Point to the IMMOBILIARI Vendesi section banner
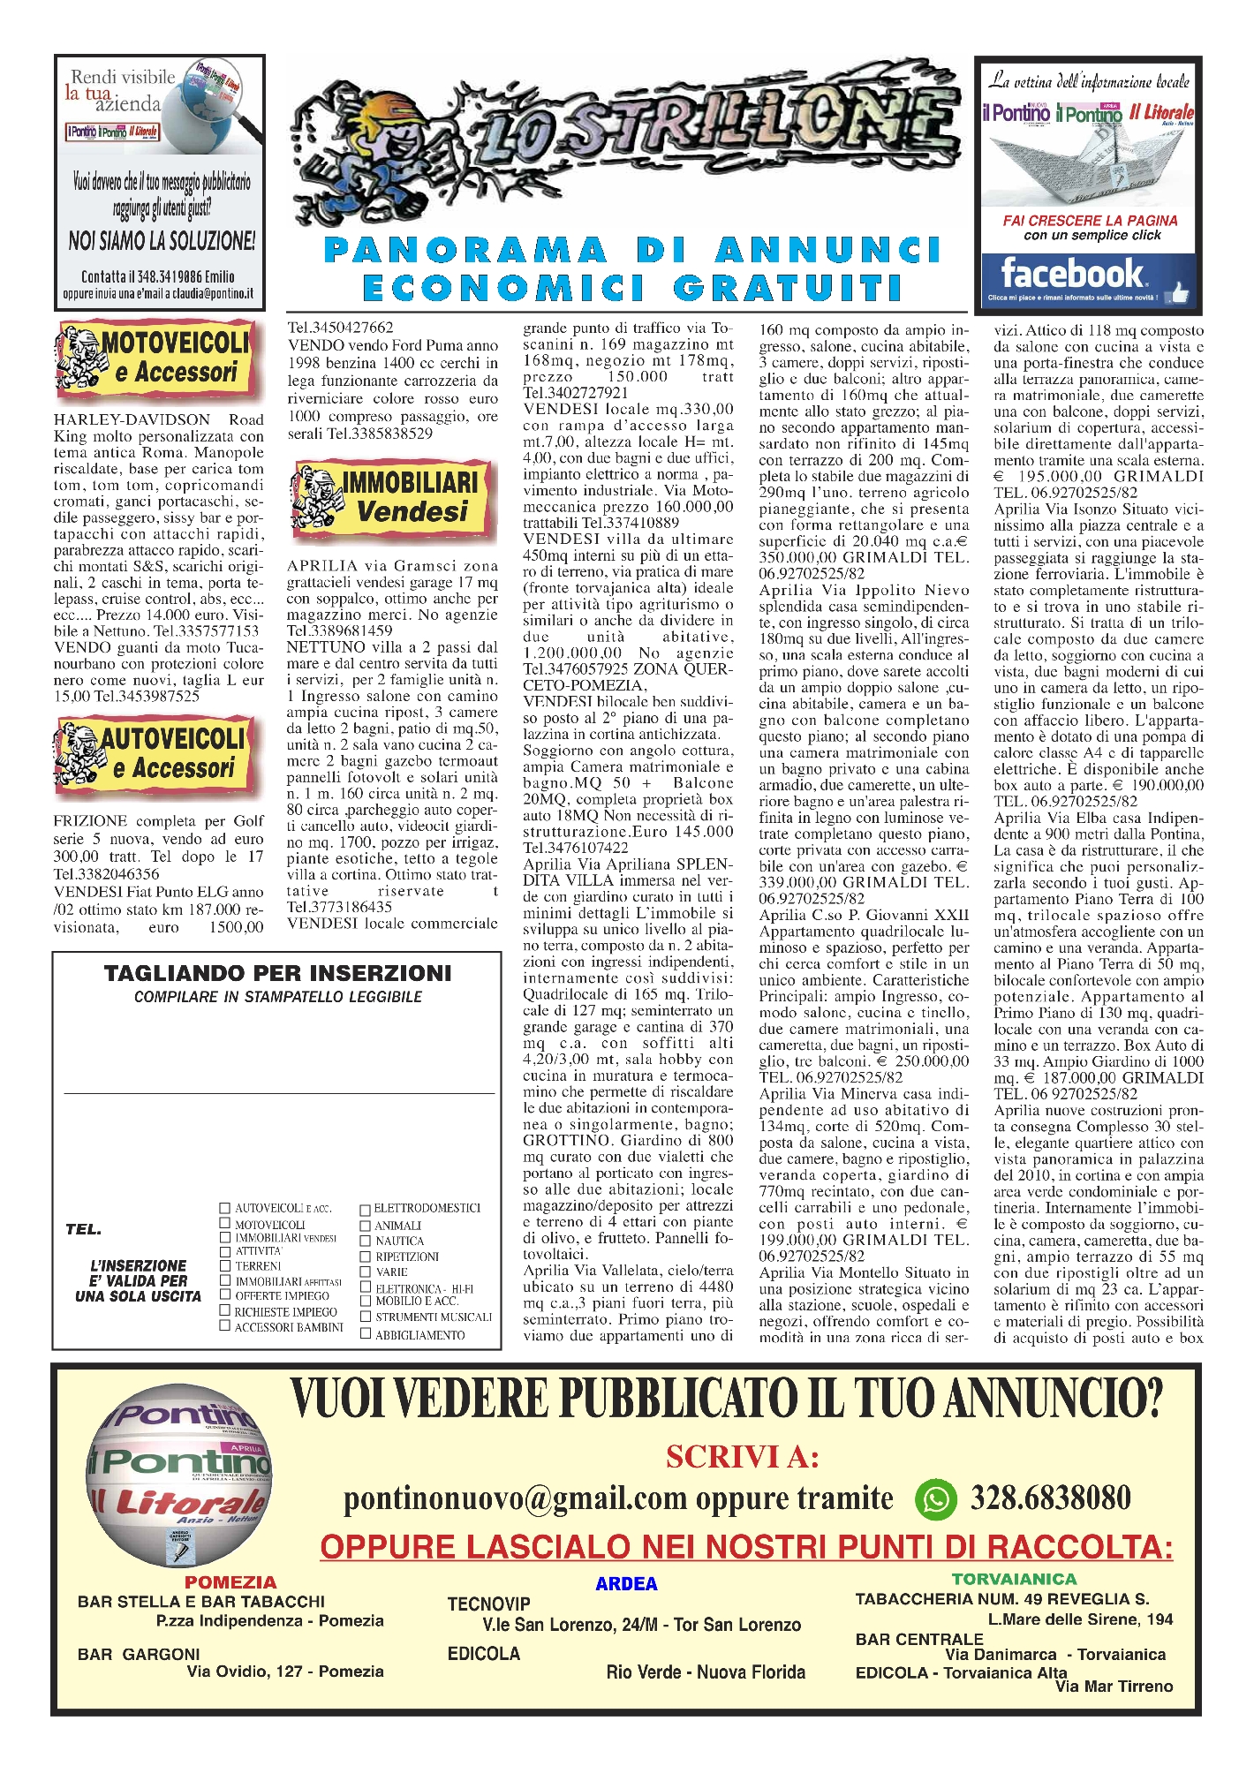pos(393,497)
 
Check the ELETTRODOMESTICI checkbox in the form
pos(365,1209)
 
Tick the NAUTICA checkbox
pos(365,1241)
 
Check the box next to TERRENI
pos(225,1264)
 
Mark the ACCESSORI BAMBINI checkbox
pos(225,1325)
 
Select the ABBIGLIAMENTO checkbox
pos(365,1334)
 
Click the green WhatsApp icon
pos(934,1498)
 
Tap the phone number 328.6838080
pos(1050,1498)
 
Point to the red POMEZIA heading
pos(230,1582)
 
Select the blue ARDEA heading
pos(626,1584)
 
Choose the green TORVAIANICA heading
pos(1014,1579)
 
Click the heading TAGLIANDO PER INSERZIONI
pos(277,973)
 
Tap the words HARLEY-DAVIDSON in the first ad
pos(132,419)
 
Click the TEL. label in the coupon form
pos(83,1229)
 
